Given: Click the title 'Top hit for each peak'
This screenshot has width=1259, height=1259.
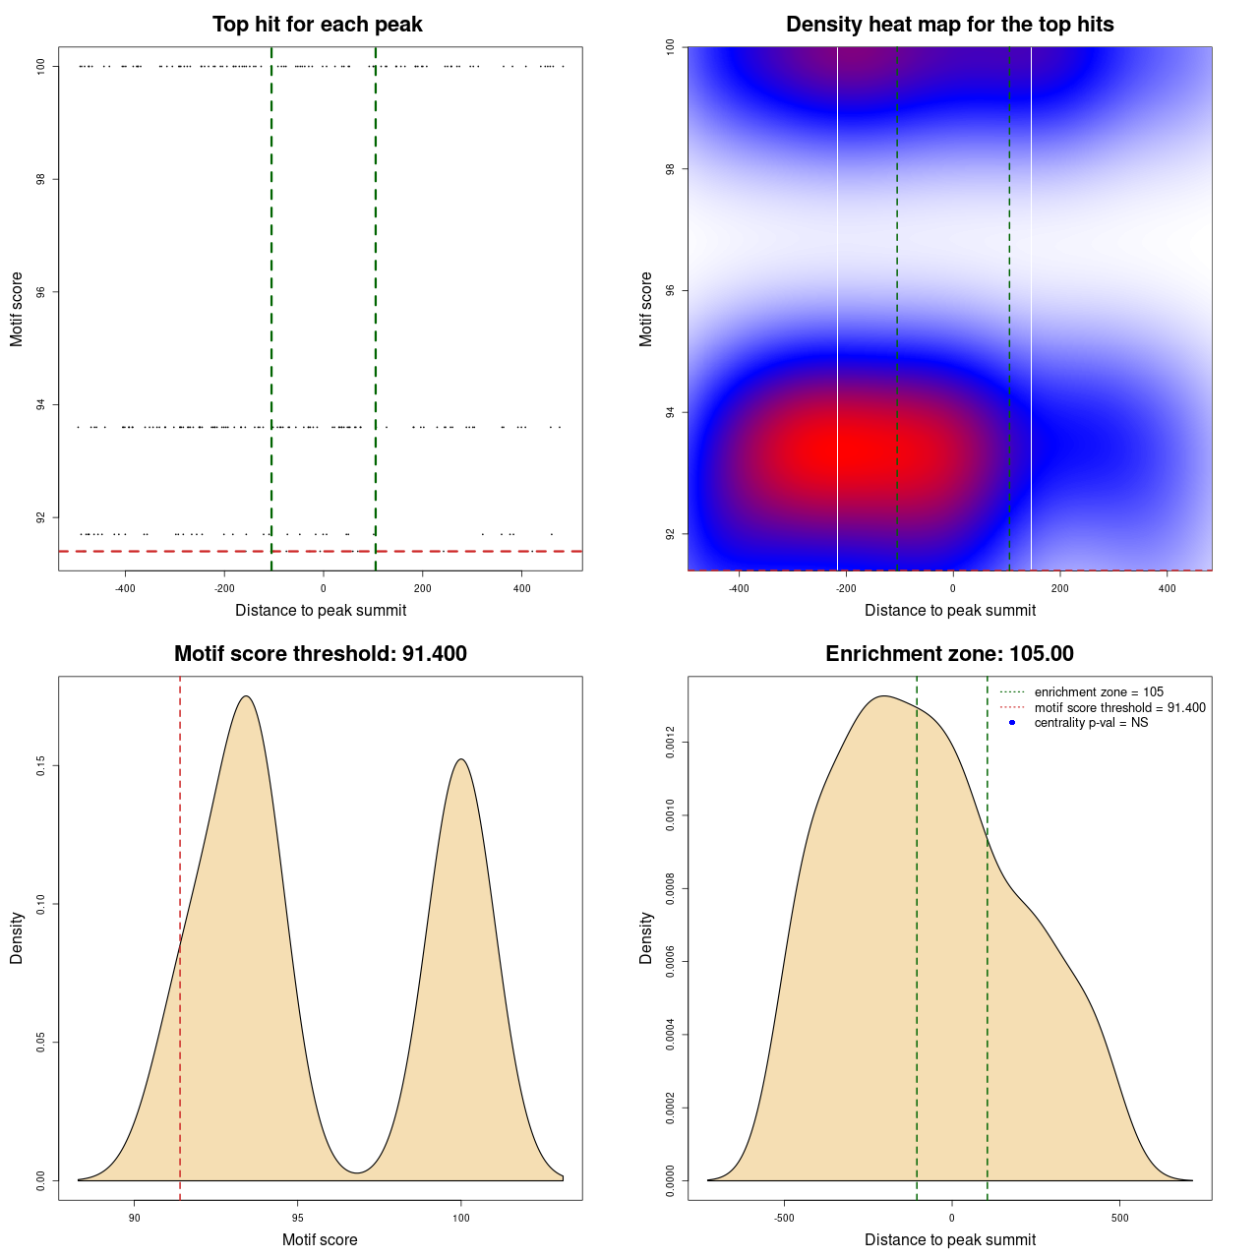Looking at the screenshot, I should (318, 25).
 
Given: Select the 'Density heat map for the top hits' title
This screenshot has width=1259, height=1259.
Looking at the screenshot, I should (949, 25).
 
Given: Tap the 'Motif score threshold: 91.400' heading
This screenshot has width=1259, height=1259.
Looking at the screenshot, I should (320, 654).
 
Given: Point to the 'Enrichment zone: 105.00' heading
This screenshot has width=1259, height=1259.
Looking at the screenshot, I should (949, 654).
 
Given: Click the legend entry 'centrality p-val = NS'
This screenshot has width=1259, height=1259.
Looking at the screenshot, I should (1091, 723).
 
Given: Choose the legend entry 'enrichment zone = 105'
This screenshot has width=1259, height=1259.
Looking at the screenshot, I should (1098, 692).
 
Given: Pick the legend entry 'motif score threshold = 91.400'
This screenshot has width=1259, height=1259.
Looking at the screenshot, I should (1119, 708).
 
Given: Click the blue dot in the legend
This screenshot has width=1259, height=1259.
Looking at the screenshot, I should (1012, 723).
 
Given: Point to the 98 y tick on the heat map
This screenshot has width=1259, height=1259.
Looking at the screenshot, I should (670, 169).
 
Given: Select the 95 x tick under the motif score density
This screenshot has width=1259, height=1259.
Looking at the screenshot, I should (298, 1218).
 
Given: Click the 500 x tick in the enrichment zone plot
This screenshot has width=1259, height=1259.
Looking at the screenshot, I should (1119, 1218).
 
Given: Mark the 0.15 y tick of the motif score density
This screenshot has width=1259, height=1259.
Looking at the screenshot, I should (40, 766).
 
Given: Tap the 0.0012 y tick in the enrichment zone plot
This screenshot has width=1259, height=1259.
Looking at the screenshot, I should (670, 742).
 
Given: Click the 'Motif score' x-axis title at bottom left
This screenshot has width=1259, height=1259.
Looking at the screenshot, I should (320, 1240).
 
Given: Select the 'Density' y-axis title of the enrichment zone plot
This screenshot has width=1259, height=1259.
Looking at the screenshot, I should (646, 937).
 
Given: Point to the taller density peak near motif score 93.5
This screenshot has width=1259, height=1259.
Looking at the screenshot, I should (247, 697).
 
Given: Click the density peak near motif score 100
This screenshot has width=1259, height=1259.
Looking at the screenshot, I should (460, 759).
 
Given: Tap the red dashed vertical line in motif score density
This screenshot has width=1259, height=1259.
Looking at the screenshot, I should (180, 934).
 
